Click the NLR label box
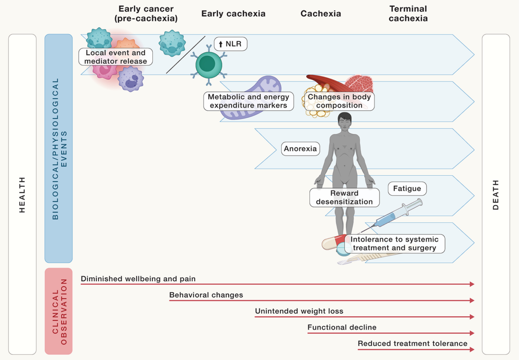(230, 44)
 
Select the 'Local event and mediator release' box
(115, 57)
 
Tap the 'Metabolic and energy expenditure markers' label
(248, 101)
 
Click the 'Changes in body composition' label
(339, 101)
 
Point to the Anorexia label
(300, 149)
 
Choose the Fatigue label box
(407, 188)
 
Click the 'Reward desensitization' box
(344, 198)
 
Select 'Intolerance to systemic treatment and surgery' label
(395, 244)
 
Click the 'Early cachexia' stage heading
(233, 13)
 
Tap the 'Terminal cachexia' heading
(408, 13)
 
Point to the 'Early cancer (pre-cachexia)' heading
(146, 13)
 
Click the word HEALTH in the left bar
(22, 194)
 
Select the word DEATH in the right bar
(496, 194)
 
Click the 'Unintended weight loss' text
(299, 311)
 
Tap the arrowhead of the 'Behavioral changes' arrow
(472, 300)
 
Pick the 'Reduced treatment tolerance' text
(412, 343)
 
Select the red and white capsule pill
(333, 242)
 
